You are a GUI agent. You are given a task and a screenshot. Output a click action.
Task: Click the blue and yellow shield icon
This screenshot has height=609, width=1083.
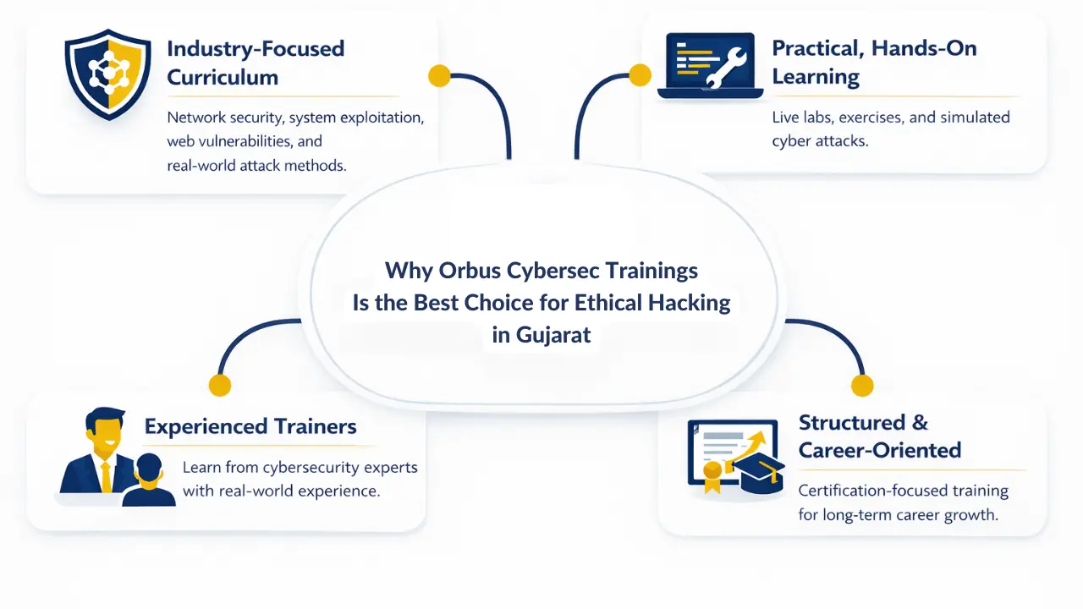point(107,75)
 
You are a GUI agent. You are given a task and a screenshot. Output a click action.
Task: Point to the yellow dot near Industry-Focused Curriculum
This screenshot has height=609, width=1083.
point(439,76)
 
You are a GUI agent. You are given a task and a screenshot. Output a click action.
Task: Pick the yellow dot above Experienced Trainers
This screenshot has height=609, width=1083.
point(220,386)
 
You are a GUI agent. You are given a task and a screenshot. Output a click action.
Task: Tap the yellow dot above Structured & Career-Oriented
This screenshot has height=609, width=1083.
point(861,387)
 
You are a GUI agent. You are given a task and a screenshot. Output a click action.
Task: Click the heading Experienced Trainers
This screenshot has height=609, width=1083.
point(250,426)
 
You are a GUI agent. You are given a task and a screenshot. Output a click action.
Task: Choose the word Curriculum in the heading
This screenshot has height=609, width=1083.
point(222,77)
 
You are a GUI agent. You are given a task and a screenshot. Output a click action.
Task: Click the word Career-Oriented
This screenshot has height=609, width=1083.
point(879,450)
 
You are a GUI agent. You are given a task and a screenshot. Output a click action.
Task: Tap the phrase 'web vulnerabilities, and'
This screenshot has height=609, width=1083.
point(245,141)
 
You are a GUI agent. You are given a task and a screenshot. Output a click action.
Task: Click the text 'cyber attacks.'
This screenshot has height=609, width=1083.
point(820,141)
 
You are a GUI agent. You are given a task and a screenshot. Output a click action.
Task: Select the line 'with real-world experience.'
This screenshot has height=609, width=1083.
point(280,491)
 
